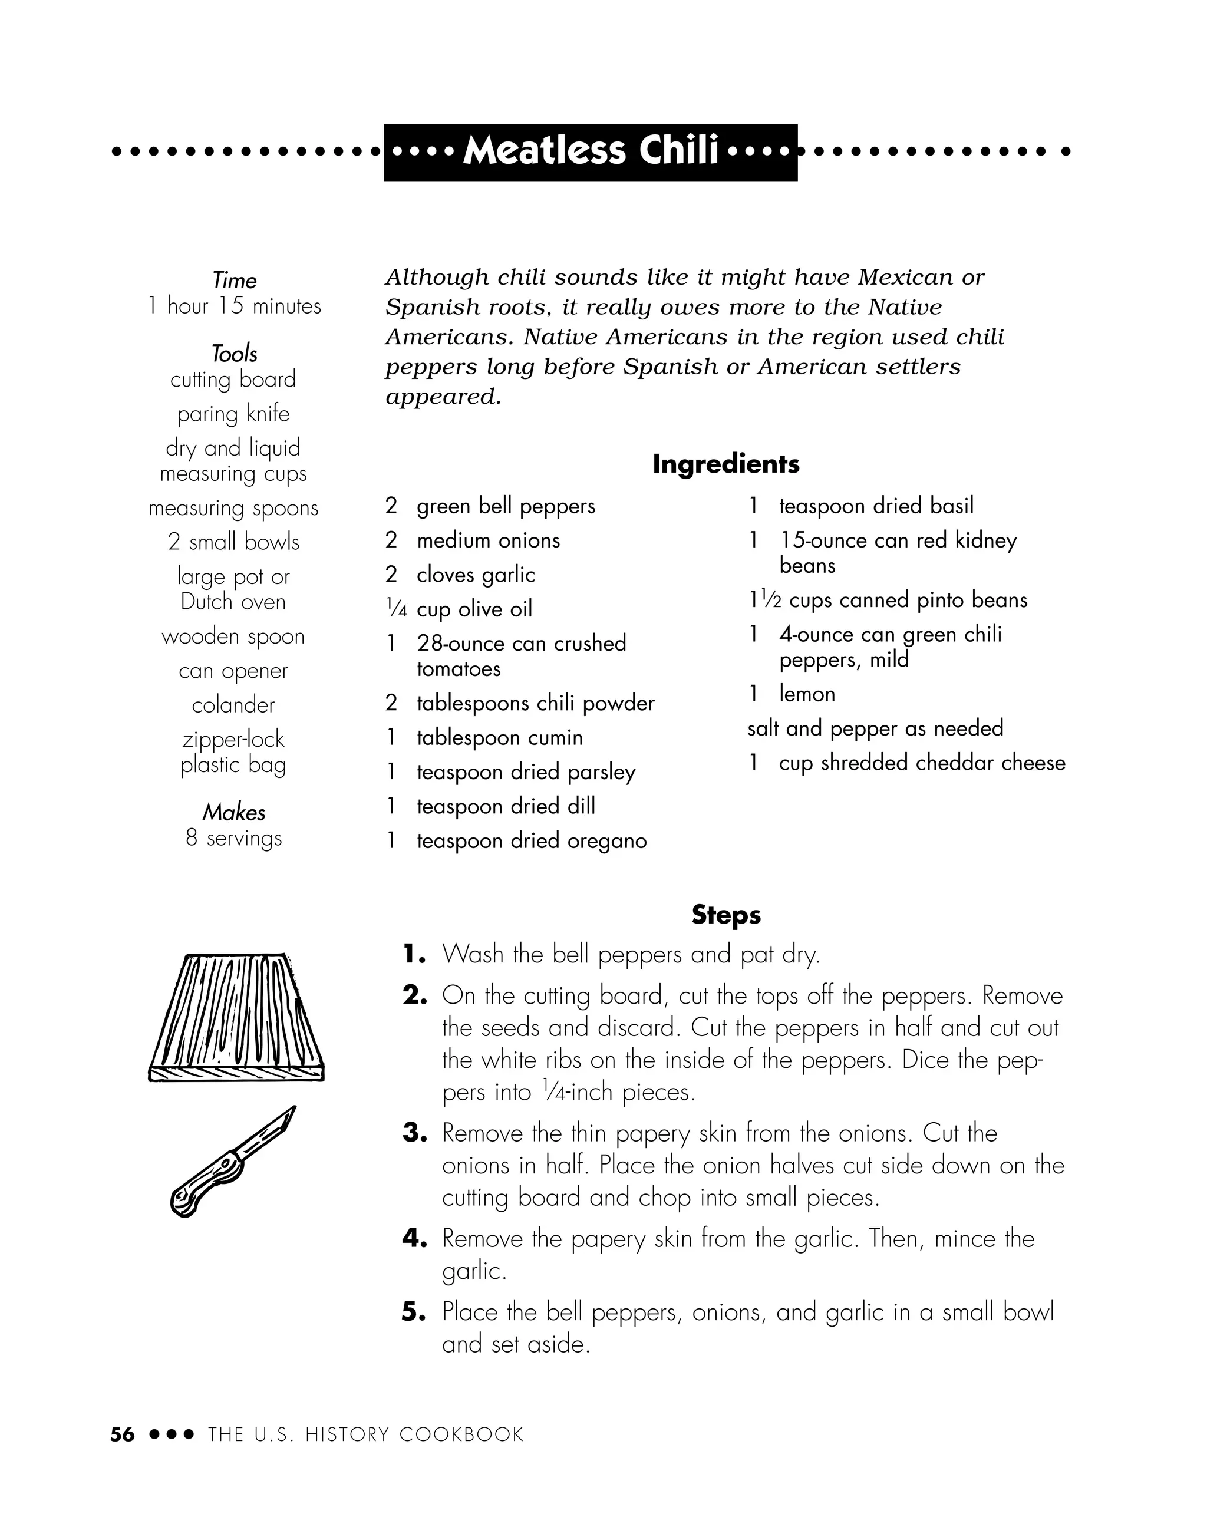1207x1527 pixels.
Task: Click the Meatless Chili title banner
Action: (x=590, y=151)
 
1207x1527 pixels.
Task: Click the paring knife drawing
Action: (x=233, y=1162)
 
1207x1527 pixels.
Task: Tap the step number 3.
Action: (x=415, y=1133)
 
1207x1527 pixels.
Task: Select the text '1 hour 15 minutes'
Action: (x=234, y=306)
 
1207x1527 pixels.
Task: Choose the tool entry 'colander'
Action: (x=233, y=705)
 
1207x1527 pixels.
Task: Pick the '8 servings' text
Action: (x=233, y=838)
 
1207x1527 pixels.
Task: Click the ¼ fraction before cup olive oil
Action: (x=397, y=609)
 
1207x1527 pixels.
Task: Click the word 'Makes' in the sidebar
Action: (x=234, y=812)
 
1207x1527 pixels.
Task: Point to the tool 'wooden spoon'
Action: (x=233, y=636)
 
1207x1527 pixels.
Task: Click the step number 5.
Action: (x=414, y=1312)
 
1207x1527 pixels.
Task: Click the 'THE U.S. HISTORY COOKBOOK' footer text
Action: (x=365, y=1434)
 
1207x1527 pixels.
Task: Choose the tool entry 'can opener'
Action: (x=233, y=671)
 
